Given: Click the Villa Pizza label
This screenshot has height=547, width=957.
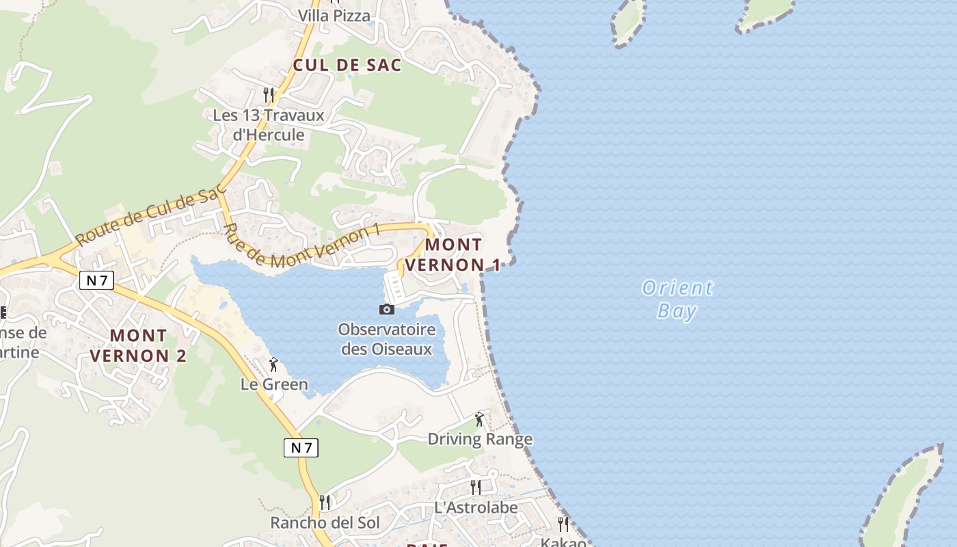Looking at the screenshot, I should (x=334, y=15).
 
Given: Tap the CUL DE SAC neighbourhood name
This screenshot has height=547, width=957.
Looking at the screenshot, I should (x=347, y=65).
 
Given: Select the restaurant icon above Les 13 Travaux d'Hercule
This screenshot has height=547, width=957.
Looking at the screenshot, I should (x=269, y=94).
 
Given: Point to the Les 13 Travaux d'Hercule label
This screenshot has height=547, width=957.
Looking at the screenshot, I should (x=269, y=124).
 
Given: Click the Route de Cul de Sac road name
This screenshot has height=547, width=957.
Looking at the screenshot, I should (x=150, y=217).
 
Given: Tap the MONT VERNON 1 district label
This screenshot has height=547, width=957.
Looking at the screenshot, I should (x=453, y=254).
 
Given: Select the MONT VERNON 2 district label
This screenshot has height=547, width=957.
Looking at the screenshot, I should (x=138, y=345).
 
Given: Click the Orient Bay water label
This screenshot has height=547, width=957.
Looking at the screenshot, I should (x=677, y=299).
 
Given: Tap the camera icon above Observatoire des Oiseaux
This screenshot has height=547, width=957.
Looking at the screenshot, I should (x=387, y=310).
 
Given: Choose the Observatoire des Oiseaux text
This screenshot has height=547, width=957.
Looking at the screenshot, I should (x=387, y=339).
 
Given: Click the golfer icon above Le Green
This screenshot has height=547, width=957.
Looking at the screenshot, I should (x=273, y=364).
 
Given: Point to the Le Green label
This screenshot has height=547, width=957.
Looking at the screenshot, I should (x=274, y=384).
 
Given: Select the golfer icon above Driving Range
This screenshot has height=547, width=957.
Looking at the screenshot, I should (x=479, y=419).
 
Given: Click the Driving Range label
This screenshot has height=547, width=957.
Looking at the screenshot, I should (x=480, y=439).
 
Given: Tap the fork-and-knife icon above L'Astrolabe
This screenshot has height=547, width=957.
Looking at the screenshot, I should (x=476, y=488).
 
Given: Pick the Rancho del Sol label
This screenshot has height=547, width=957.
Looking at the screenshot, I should (x=325, y=522).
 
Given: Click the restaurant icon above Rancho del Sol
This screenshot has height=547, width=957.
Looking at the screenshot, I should (x=325, y=503).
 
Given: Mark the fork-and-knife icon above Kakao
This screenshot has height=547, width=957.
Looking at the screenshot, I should (x=563, y=524).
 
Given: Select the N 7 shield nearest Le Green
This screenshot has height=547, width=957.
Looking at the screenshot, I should (x=301, y=448).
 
